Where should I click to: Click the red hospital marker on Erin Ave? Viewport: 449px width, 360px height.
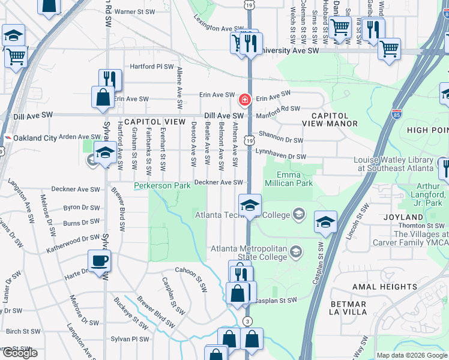pos(245,99)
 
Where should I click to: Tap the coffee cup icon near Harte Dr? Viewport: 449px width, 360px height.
pos(100,261)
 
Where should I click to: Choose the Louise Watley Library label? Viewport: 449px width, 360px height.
pos(393,164)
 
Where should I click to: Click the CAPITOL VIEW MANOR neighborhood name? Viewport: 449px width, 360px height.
pos(334,119)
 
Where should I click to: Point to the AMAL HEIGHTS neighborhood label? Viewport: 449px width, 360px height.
pos(382,287)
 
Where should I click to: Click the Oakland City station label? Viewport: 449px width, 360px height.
pos(35,138)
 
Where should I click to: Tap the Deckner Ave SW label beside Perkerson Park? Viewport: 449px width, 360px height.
pos(218,182)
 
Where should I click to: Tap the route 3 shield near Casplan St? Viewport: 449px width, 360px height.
pos(247,322)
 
